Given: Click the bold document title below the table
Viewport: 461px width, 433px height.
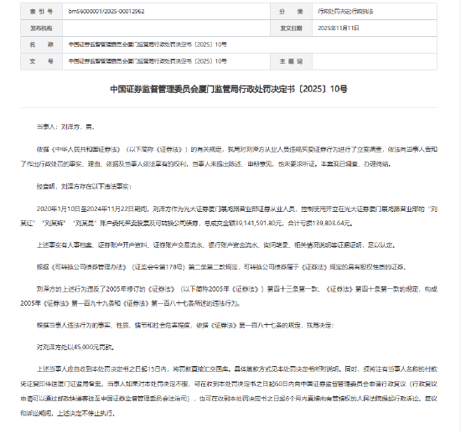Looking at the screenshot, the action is (x=229, y=87).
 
